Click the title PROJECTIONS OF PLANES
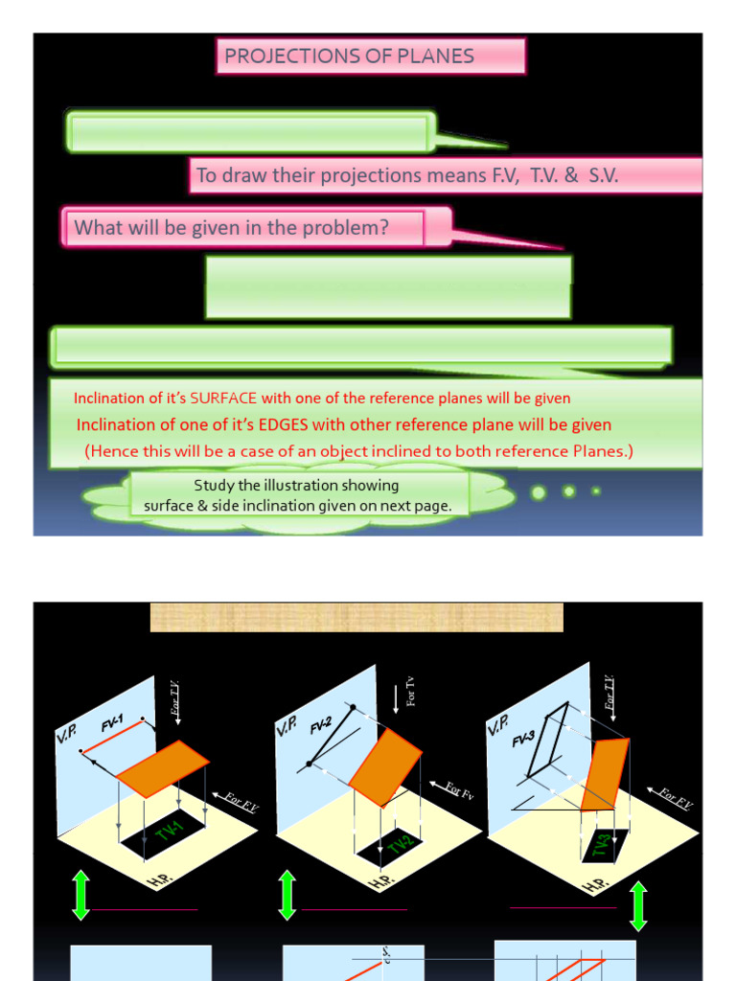(x=349, y=56)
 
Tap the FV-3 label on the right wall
(x=524, y=738)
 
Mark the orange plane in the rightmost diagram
(x=604, y=774)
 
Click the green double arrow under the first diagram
(x=80, y=895)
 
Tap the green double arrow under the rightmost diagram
(x=638, y=906)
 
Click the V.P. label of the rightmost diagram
(x=498, y=724)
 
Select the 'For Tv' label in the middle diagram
(x=410, y=691)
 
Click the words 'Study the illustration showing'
(x=296, y=486)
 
